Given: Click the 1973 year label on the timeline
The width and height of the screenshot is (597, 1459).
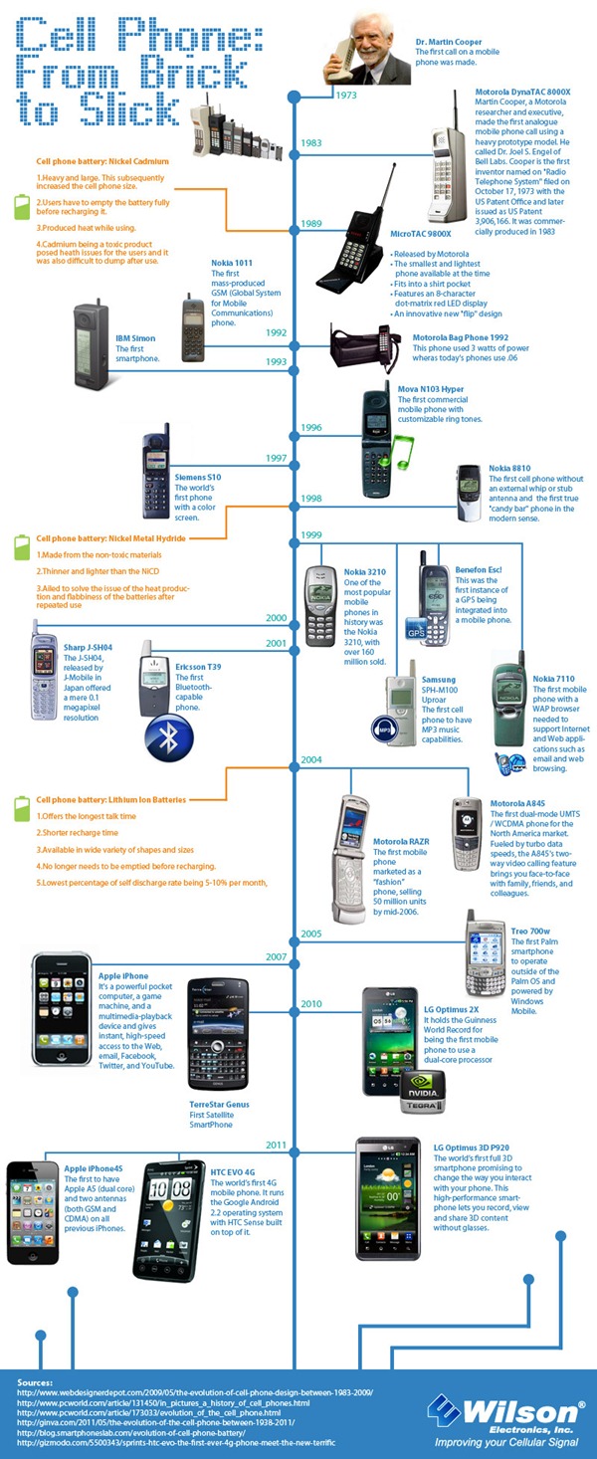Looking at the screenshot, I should tap(346, 96).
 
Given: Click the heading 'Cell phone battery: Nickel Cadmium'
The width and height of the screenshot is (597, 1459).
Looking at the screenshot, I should tap(102, 160).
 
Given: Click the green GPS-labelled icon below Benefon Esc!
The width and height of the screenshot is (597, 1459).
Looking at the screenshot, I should tap(416, 629).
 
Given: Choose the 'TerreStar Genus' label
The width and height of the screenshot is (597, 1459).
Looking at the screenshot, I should tap(219, 1104).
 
